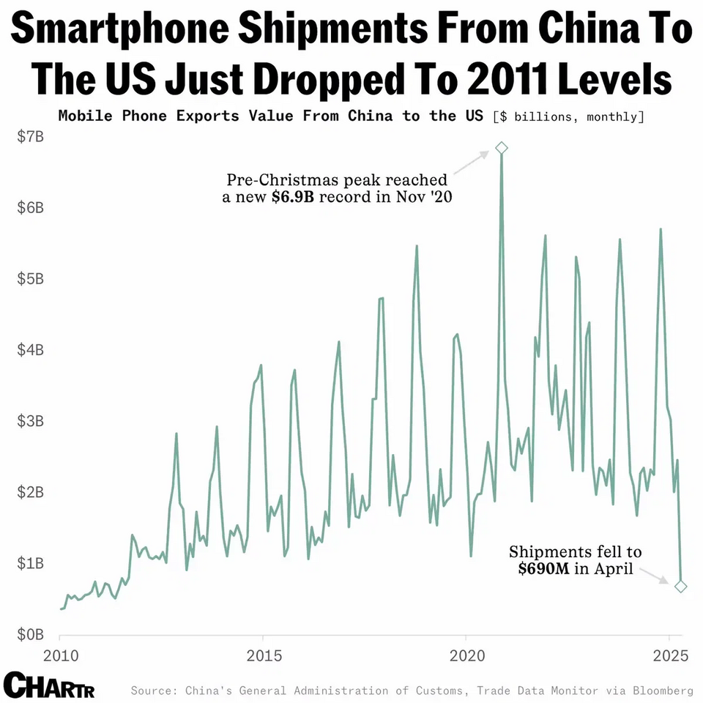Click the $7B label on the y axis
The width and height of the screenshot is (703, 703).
tap(31, 136)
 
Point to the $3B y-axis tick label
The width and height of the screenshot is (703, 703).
tap(31, 421)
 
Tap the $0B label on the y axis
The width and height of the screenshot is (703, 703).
tap(31, 634)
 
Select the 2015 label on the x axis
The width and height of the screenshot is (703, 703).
tap(264, 656)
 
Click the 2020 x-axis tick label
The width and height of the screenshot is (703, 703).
tap(467, 656)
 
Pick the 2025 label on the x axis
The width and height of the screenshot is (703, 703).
tap(670, 656)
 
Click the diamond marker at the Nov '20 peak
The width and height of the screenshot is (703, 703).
tap(501, 147)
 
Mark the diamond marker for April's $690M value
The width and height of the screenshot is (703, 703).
tap(680, 586)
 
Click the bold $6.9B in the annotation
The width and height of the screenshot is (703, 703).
tap(293, 197)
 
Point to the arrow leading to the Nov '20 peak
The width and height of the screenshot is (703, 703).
tap(471, 163)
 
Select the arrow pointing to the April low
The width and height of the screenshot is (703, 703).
tap(654, 576)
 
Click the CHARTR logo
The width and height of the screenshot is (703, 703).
tap(49, 685)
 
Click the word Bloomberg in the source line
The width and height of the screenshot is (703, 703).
tap(663, 691)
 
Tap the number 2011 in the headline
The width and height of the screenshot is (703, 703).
tap(507, 79)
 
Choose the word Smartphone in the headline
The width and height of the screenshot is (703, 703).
tap(119, 29)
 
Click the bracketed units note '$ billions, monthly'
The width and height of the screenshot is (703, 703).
tap(568, 117)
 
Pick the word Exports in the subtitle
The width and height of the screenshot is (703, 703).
tap(207, 116)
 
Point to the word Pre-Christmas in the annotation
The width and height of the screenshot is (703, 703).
tap(282, 180)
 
